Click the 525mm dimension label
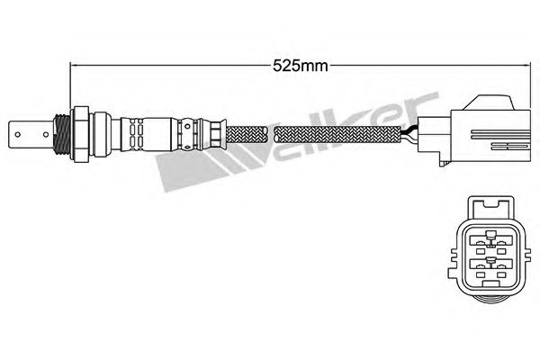(300, 66)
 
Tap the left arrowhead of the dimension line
(72, 65)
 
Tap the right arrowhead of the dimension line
(526, 65)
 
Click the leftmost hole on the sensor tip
(18, 134)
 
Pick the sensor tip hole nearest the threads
(45, 134)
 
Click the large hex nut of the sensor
(79, 134)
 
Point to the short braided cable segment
(247, 135)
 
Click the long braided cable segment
(338, 135)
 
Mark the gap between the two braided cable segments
(272, 135)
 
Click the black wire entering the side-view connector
(410, 131)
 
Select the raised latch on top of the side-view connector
(488, 103)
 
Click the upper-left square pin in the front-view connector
(480, 252)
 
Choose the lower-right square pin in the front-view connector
(501, 275)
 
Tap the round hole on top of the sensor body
(187, 126)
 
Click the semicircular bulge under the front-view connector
(490, 298)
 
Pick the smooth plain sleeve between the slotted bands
(157, 134)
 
